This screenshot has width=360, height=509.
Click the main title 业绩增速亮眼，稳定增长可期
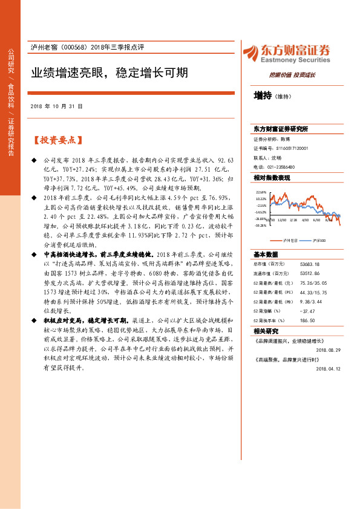pyautogui.click(x=110, y=73)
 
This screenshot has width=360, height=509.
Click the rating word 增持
pyautogui.click(x=263, y=96)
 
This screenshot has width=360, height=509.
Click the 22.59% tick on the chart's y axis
pyautogui.click(x=261, y=192)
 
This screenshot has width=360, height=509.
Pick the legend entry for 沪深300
pyautogui.click(x=318, y=240)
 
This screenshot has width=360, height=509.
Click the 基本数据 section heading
pyautogui.click(x=266, y=254)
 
